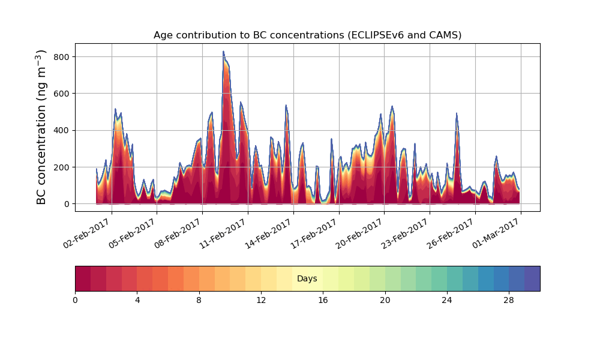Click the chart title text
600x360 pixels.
tap(307, 35)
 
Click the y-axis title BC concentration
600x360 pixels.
tap(41, 127)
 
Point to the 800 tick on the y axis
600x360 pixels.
tap(61, 57)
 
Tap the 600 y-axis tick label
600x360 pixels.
tap(61, 94)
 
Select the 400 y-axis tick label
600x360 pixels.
tap(61, 130)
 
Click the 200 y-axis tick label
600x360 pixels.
tap(61, 167)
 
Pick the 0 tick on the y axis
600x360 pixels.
tap(67, 204)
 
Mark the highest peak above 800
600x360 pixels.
tap(223, 52)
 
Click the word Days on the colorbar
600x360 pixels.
tap(307, 279)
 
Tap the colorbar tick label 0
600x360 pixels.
tap(75, 299)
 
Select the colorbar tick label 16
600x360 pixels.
tap(323, 299)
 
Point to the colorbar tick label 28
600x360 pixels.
tap(509, 299)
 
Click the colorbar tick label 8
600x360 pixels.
tap(199, 299)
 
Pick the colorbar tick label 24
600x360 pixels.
tap(447, 299)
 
